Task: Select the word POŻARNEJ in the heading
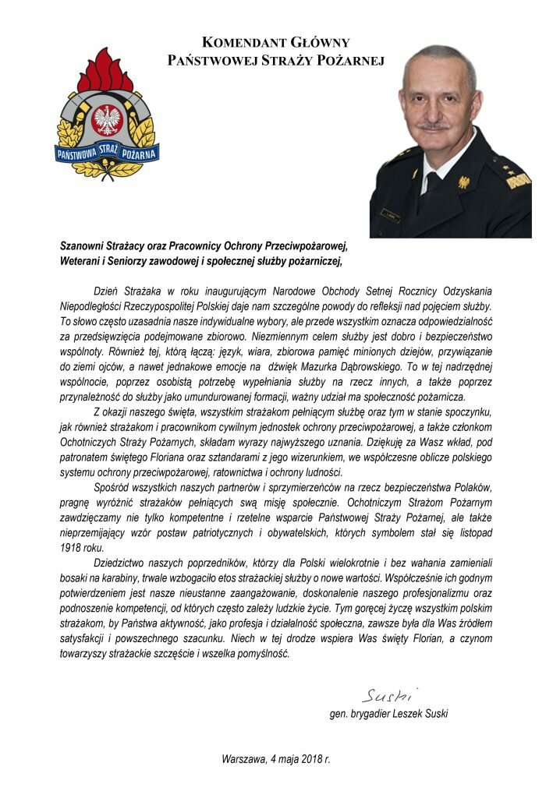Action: click(349, 59)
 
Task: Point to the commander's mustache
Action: click(434, 125)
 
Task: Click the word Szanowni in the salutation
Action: click(86, 245)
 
